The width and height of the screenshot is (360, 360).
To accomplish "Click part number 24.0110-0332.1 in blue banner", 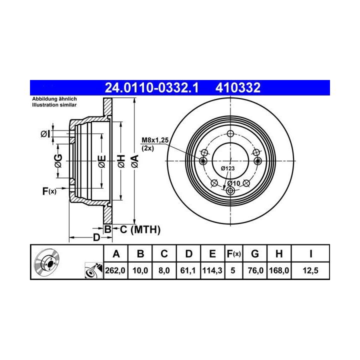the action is (151, 87).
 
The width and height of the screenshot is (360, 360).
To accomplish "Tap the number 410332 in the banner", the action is (238, 87).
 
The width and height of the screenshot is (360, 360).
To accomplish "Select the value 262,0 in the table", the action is (115, 270).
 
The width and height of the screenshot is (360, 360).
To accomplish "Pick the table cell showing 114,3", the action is (212, 270).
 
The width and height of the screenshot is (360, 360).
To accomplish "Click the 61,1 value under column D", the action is (188, 270).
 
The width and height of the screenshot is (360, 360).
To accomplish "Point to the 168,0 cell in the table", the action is (279, 270).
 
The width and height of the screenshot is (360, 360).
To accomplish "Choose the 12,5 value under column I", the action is (310, 270).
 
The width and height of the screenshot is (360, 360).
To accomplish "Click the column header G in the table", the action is (255, 254).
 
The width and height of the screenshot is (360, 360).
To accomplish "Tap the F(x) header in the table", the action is (233, 254).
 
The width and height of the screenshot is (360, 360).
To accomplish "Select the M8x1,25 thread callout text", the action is (155, 140).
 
